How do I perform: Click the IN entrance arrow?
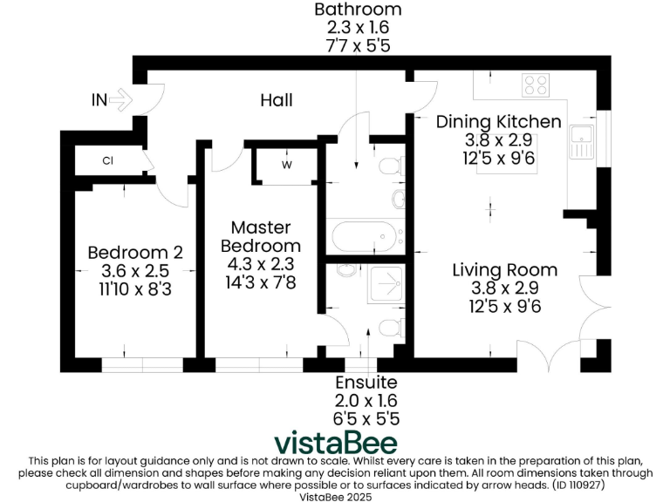tap(120, 100)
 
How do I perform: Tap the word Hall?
tap(276, 100)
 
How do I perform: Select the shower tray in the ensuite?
tap(383, 287)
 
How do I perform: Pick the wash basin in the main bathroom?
tap(398, 200)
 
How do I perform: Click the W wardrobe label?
tap(286, 164)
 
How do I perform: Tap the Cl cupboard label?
tap(108, 160)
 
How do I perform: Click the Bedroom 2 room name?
tap(135, 253)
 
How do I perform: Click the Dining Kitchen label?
tap(498, 121)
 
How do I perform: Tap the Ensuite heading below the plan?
tap(366, 383)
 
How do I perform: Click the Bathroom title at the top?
tap(358, 10)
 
